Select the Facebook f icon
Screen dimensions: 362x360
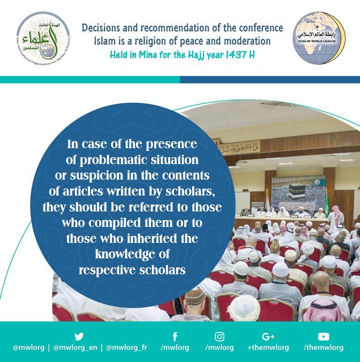174,336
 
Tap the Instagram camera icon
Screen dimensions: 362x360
219,336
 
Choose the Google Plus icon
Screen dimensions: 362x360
268,336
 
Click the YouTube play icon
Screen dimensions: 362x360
323,336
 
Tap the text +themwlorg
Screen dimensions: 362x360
268,348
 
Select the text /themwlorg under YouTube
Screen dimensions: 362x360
323,348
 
